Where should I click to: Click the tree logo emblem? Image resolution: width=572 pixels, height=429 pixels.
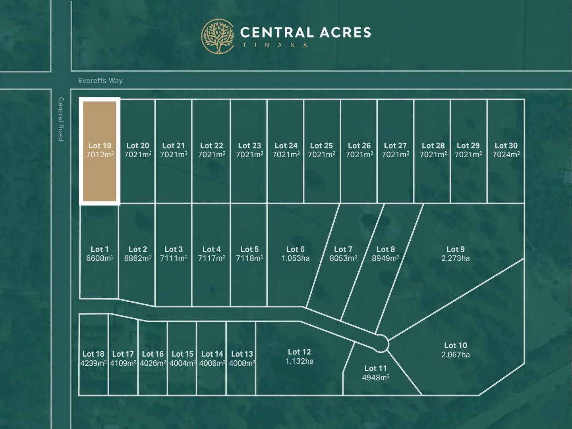218,37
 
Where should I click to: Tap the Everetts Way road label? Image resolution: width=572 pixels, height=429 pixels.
100,81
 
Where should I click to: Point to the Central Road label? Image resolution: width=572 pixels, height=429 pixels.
61,119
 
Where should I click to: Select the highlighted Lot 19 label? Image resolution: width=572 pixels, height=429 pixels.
100,146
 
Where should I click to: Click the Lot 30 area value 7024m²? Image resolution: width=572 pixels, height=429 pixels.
506,155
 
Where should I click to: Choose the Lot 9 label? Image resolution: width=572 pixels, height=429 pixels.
455,249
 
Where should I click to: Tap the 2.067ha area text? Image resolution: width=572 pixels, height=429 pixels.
455,355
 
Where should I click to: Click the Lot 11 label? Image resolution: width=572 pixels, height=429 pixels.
375,368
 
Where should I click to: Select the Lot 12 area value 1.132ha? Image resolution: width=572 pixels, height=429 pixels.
300,361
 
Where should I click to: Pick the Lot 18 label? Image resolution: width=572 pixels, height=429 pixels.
93,354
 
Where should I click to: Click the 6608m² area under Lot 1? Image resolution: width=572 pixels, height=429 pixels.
100,258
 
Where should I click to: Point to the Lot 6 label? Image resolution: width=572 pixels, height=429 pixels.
296,249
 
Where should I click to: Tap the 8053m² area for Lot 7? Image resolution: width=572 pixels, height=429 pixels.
343,258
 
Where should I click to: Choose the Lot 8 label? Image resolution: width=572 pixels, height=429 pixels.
386,249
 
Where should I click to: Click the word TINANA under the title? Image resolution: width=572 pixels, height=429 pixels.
275,45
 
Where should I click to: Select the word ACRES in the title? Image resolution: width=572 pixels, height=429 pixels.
345,33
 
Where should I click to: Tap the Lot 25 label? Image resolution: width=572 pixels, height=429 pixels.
321,146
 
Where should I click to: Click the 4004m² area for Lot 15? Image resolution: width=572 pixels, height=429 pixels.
183,363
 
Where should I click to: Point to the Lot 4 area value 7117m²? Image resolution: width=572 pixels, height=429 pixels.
211,258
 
